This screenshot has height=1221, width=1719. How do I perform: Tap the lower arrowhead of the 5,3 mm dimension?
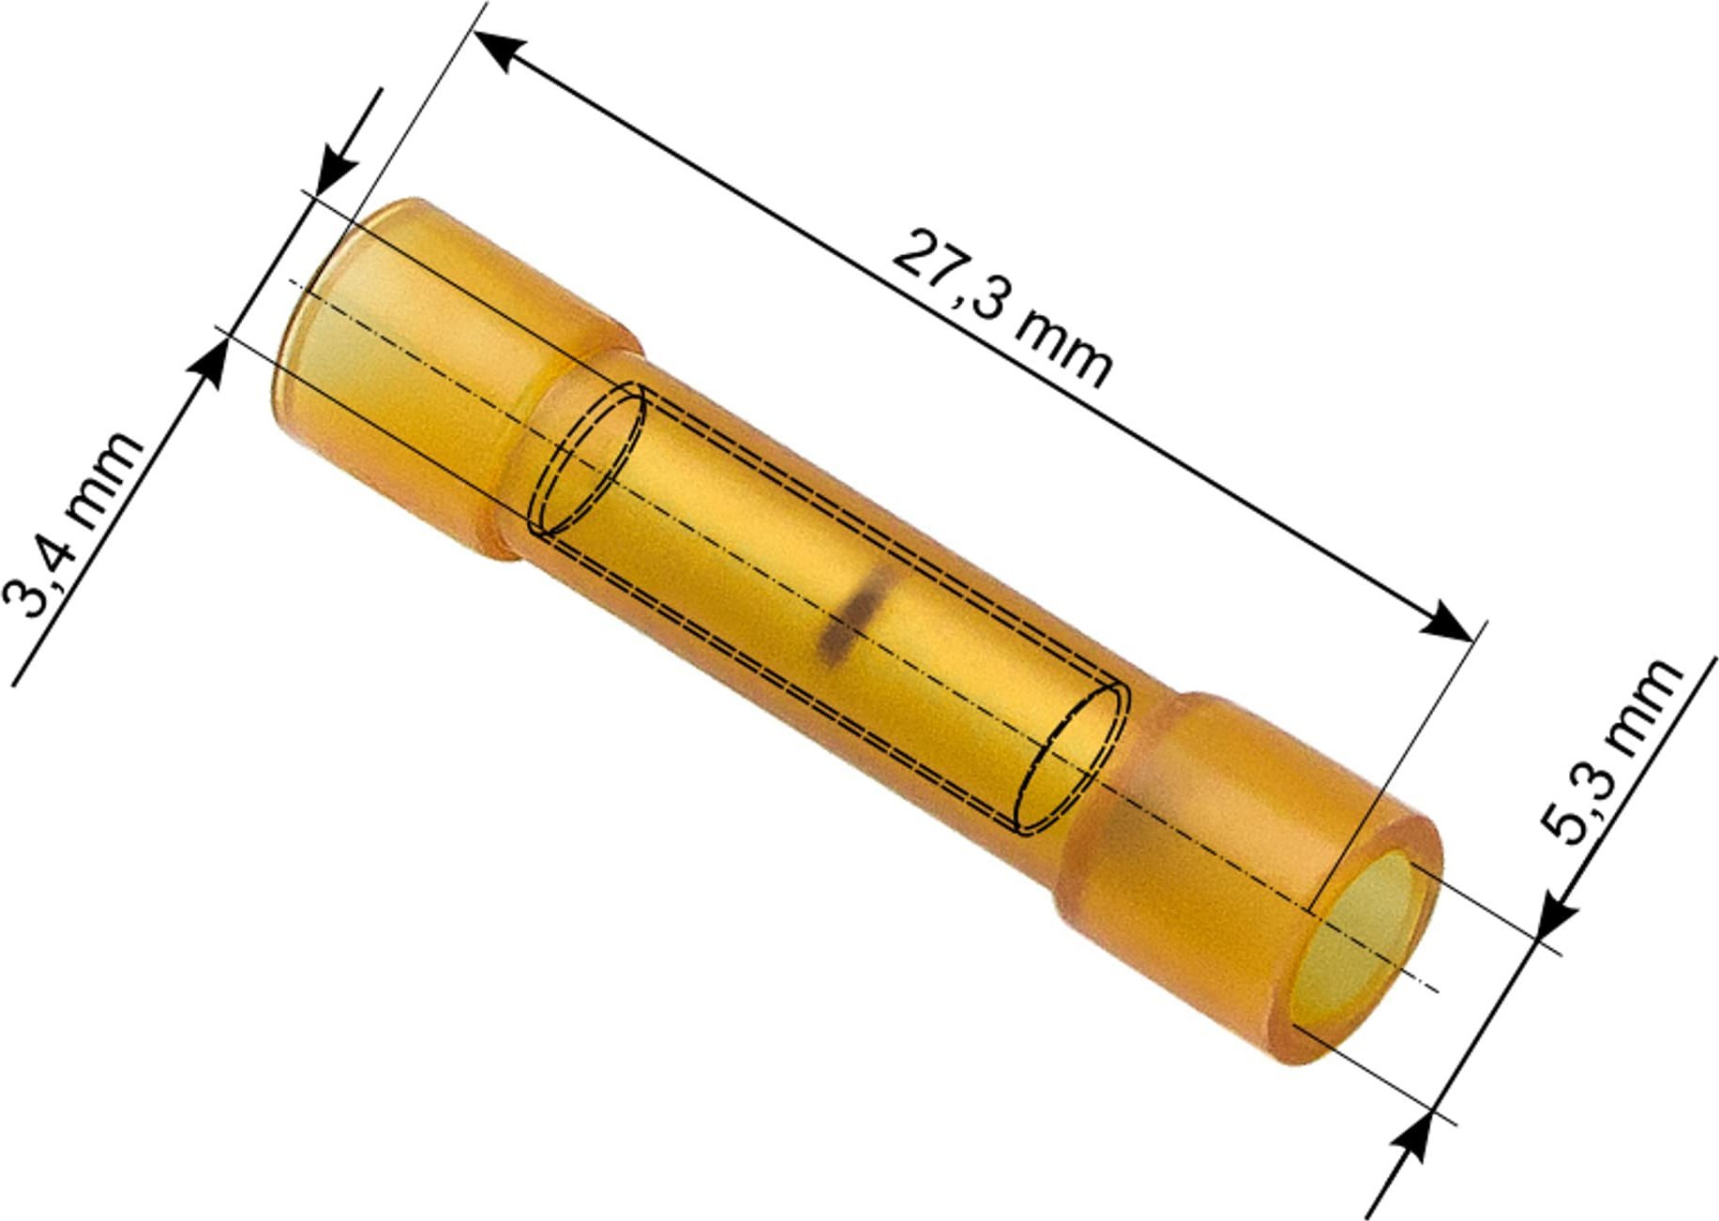pos(1412,1138)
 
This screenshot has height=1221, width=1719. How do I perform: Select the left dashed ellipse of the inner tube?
pos(586,460)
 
